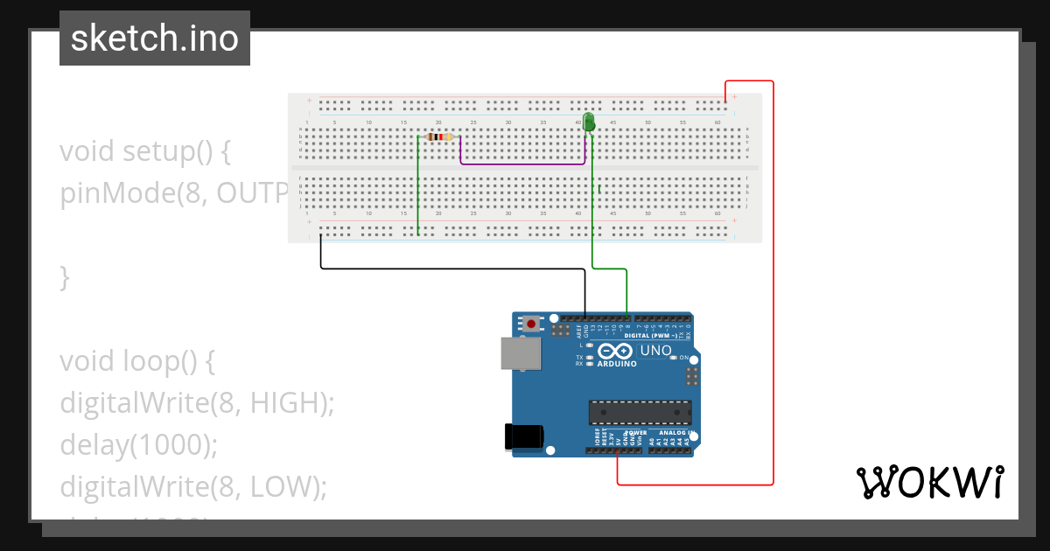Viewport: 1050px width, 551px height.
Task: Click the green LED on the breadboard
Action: pyautogui.click(x=589, y=122)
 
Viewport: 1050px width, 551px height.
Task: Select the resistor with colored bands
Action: pyautogui.click(x=438, y=136)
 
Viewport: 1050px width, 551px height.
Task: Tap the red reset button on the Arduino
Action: pyautogui.click(x=530, y=324)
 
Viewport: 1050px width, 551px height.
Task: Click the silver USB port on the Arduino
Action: pyautogui.click(x=520, y=353)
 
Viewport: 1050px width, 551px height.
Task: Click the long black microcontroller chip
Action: pyautogui.click(x=640, y=412)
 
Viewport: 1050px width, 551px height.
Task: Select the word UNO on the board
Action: pyautogui.click(x=655, y=352)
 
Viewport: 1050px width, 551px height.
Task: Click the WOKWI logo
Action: pyautogui.click(x=929, y=482)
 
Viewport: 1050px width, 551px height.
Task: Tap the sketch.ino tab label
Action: pyautogui.click(x=155, y=38)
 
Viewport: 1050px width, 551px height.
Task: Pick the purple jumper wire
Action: pyautogui.click(x=522, y=164)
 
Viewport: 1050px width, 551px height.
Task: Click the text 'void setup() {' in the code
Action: pyautogui.click(x=144, y=151)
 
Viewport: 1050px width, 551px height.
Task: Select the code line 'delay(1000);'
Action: pyautogui.click(x=138, y=445)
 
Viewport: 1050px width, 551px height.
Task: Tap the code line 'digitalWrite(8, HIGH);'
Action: pyautogui.click(x=198, y=403)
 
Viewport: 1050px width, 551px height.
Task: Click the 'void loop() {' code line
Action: pyautogui.click(x=136, y=360)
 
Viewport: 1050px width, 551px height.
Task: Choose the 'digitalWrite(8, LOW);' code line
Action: pyautogui.click(x=192, y=486)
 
